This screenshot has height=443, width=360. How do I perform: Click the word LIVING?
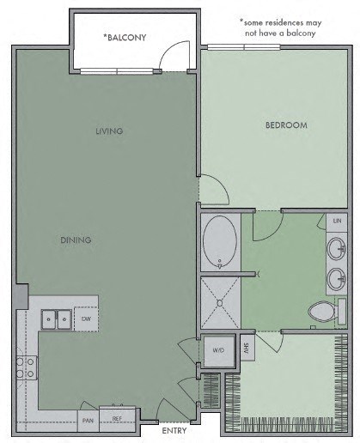(110, 131)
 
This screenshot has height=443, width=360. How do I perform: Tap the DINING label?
(76, 240)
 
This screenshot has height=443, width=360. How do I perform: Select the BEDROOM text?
(285, 125)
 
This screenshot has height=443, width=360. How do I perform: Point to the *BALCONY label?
(125, 37)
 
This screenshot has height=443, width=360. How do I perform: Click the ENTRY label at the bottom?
(174, 431)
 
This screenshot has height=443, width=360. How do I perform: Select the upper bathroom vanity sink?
(337, 249)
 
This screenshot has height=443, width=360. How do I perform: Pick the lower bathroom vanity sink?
(337, 278)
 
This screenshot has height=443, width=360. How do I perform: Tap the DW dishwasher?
(86, 319)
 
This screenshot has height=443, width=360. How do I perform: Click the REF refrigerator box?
(117, 418)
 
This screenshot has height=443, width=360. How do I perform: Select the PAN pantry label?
(88, 420)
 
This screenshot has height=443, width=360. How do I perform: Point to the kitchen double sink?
(57, 319)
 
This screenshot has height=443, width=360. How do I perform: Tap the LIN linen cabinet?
(336, 221)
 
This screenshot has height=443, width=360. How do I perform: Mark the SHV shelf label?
(245, 350)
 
